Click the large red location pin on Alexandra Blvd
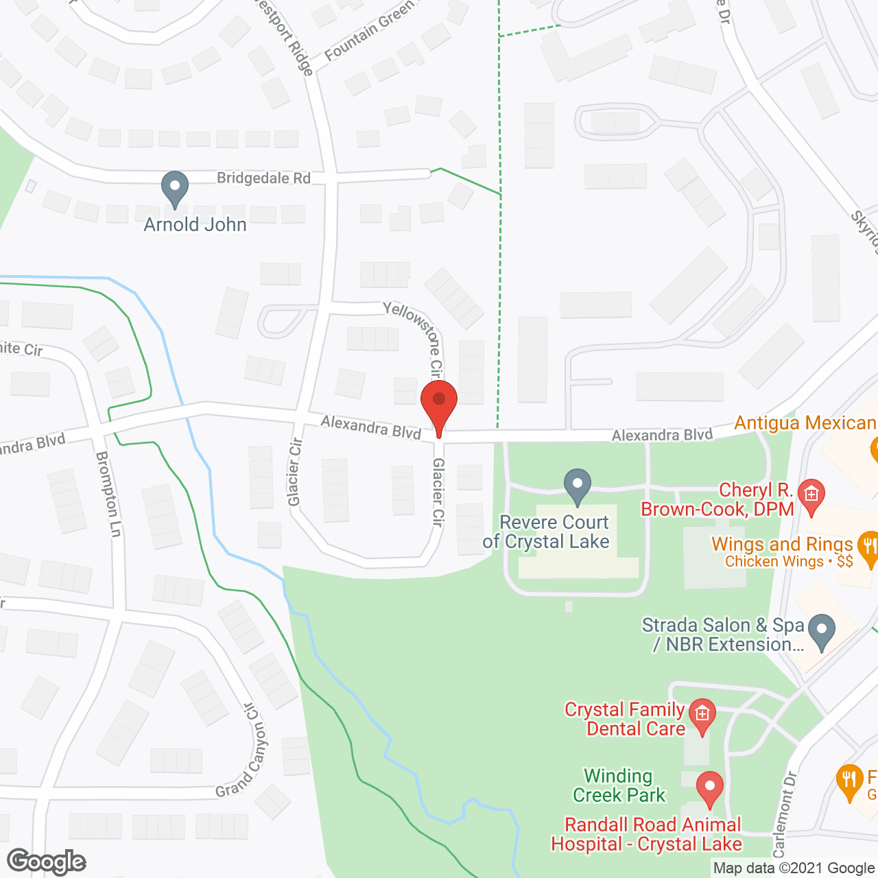point(439,405)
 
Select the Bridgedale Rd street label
point(263,178)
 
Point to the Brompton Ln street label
point(108,493)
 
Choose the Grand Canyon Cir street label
point(241,751)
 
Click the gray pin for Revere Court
point(578,485)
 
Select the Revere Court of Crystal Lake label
point(547,532)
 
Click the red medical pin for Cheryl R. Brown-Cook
point(811,495)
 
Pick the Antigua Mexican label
point(805,423)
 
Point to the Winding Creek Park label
point(619,785)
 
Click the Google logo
point(46,862)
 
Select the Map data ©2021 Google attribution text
point(794,868)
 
